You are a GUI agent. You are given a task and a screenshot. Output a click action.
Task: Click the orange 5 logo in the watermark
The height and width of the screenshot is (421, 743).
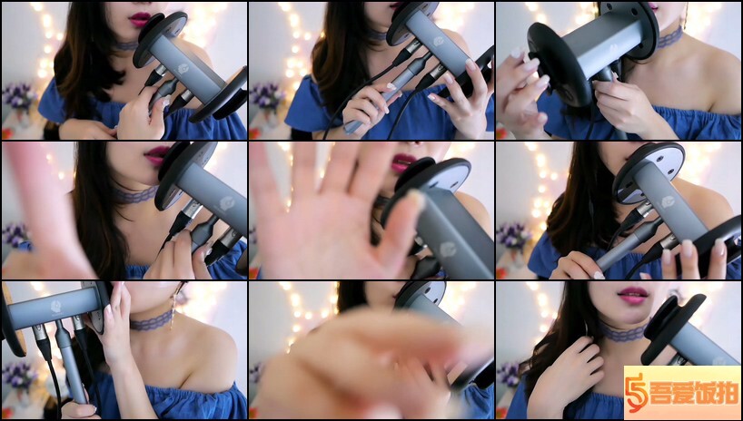636,393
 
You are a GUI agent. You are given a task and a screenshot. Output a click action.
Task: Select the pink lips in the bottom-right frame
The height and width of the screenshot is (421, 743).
633,295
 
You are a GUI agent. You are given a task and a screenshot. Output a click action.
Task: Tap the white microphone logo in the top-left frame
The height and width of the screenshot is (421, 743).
183,69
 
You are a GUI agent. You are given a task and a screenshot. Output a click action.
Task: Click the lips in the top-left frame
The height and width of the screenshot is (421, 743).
139,19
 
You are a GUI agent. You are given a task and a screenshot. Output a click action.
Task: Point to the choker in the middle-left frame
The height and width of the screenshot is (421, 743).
136,194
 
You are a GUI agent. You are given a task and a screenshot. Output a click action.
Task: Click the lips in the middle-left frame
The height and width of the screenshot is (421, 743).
156,153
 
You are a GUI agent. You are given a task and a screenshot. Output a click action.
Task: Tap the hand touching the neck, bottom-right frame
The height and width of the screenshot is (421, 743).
569,374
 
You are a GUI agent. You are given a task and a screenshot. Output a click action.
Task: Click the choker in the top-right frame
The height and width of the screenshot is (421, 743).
670,37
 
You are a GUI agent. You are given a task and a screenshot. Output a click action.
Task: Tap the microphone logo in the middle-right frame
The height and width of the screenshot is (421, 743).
669,201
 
